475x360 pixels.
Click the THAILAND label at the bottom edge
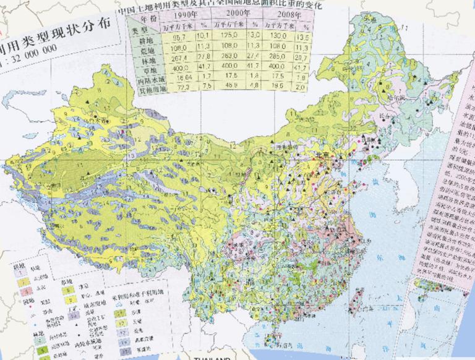[x=212, y=357]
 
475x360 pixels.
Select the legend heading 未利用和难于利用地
[x=140, y=296]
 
